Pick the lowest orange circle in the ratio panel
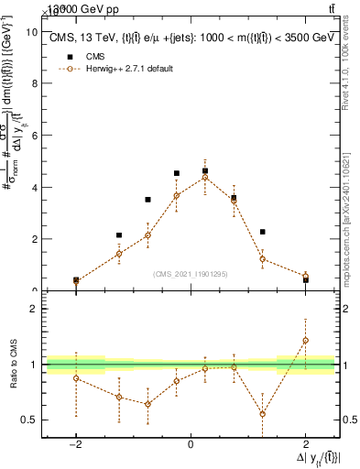(262, 413)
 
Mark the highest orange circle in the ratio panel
(305, 341)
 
